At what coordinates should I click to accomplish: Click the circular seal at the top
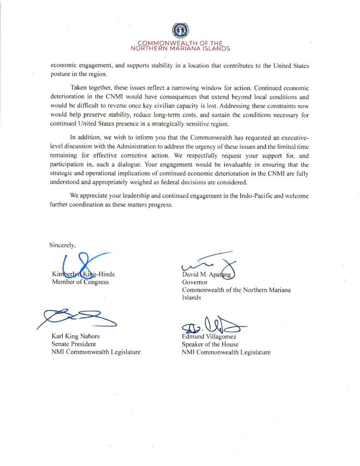click(180, 30)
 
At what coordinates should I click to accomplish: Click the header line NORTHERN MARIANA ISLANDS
click(180, 48)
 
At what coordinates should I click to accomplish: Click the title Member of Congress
click(80, 282)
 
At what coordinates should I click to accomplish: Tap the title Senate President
click(74, 344)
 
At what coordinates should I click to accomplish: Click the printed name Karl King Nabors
click(76, 336)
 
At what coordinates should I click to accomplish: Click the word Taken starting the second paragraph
click(79, 87)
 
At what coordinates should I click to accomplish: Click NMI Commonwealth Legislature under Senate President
click(96, 352)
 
